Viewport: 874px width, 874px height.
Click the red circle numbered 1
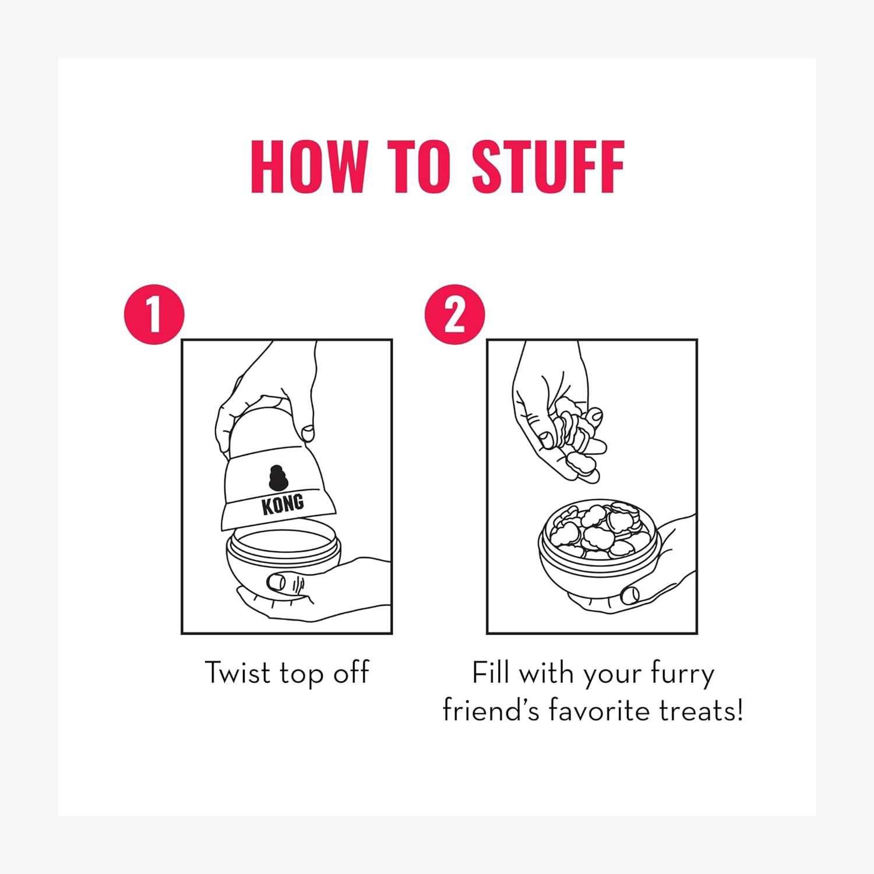coord(154,315)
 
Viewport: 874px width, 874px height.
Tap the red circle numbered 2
coord(454,315)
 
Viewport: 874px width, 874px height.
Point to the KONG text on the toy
coord(283,504)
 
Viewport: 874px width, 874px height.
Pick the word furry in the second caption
coord(682,675)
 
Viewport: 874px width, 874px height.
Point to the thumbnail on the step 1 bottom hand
coord(277,582)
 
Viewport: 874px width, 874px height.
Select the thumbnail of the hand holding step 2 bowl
coord(630,595)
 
